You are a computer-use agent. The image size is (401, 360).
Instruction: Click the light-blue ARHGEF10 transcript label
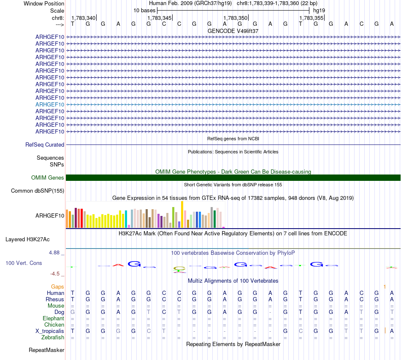tap(50, 104)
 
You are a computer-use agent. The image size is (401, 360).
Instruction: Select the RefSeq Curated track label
tap(45, 145)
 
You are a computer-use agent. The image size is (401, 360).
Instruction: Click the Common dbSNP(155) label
tap(38, 191)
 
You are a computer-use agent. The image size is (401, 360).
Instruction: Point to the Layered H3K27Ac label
tap(27, 239)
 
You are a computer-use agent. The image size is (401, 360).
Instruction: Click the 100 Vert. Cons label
tap(24, 263)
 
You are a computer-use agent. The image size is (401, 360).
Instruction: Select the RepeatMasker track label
tap(46, 350)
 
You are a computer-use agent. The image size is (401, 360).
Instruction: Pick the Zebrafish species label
tap(53, 337)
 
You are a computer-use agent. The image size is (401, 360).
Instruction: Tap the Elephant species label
tap(53, 318)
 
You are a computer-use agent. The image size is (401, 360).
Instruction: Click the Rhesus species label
tap(55, 299)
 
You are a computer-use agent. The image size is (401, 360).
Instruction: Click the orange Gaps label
tap(58, 286)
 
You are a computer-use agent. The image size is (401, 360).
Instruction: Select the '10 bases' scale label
tap(144, 10)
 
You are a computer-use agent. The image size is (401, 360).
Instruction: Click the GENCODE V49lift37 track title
tap(233, 31)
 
